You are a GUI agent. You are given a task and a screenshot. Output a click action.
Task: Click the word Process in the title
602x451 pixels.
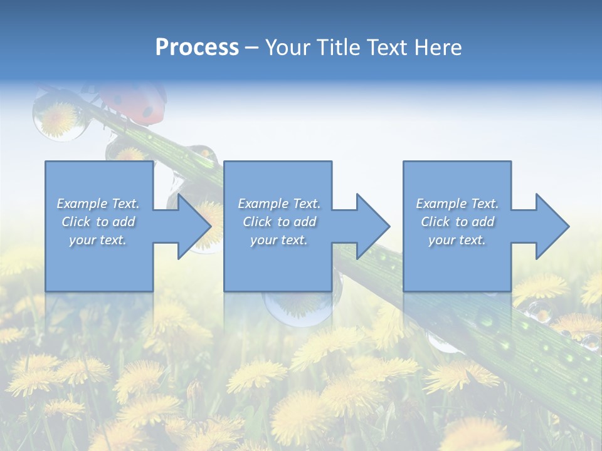tap(197, 48)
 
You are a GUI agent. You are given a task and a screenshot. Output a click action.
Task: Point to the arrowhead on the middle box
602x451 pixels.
tap(372, 226)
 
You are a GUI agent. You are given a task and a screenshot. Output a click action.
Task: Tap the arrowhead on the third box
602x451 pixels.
tap(551, 226)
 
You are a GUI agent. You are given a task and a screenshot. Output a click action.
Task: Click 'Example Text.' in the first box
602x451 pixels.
tap(98, 204)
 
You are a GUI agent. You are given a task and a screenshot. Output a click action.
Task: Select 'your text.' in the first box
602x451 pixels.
tap(98, 240)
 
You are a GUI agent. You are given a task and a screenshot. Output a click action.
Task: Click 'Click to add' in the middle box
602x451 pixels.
tap(279, 222)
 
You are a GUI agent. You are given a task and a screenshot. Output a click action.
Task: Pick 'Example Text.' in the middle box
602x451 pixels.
tap(279, 204)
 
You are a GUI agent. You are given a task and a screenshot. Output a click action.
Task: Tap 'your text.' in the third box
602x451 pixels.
tap(457, 240)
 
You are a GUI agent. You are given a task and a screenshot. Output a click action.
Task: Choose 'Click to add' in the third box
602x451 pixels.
tap(457, 222)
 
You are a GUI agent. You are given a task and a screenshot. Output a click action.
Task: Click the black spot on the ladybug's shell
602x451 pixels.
tap(148, 111)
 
